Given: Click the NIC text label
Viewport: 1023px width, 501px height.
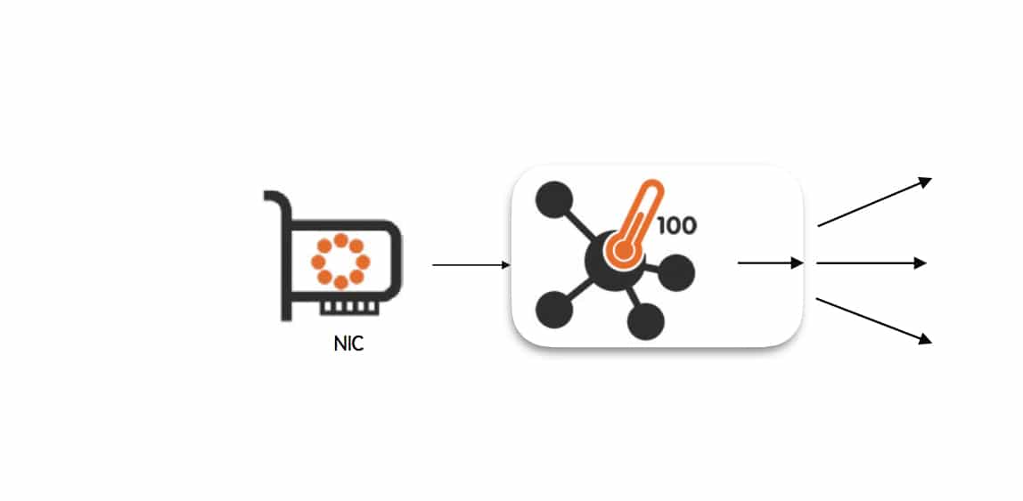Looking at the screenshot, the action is (x=348, y=343).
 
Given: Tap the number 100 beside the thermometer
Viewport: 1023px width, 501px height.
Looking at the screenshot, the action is (x=676, y=225).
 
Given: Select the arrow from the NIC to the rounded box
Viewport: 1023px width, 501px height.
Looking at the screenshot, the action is (x=471, y=265).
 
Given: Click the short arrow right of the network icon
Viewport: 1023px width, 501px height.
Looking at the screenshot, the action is (x=771, y=263).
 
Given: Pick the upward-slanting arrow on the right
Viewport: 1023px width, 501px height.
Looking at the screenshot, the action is (x=874, y=202).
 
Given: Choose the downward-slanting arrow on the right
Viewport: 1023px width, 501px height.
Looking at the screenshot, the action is (x=873, y=320).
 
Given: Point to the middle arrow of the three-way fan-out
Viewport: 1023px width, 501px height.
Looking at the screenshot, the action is (x=872, y=263).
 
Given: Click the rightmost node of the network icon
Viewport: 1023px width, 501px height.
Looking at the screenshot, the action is (x=676, y=272).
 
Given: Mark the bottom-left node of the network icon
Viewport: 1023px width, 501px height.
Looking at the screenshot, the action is (x=554, y=310).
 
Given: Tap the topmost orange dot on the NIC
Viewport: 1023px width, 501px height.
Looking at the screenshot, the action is (x=340, y=240).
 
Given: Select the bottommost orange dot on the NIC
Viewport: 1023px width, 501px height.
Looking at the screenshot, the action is (x=340, y=283).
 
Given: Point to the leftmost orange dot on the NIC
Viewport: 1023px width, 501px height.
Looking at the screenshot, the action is (x=319, y=262).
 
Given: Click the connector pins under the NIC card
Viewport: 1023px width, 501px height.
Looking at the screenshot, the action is (x=348, y=308).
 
